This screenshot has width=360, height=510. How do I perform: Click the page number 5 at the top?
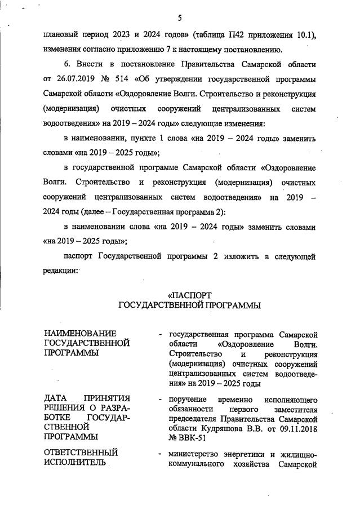(x=180, y=19)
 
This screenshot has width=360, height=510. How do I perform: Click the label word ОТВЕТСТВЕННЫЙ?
(x=81, y=453)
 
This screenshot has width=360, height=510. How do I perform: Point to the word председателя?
(x=194, y=419)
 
